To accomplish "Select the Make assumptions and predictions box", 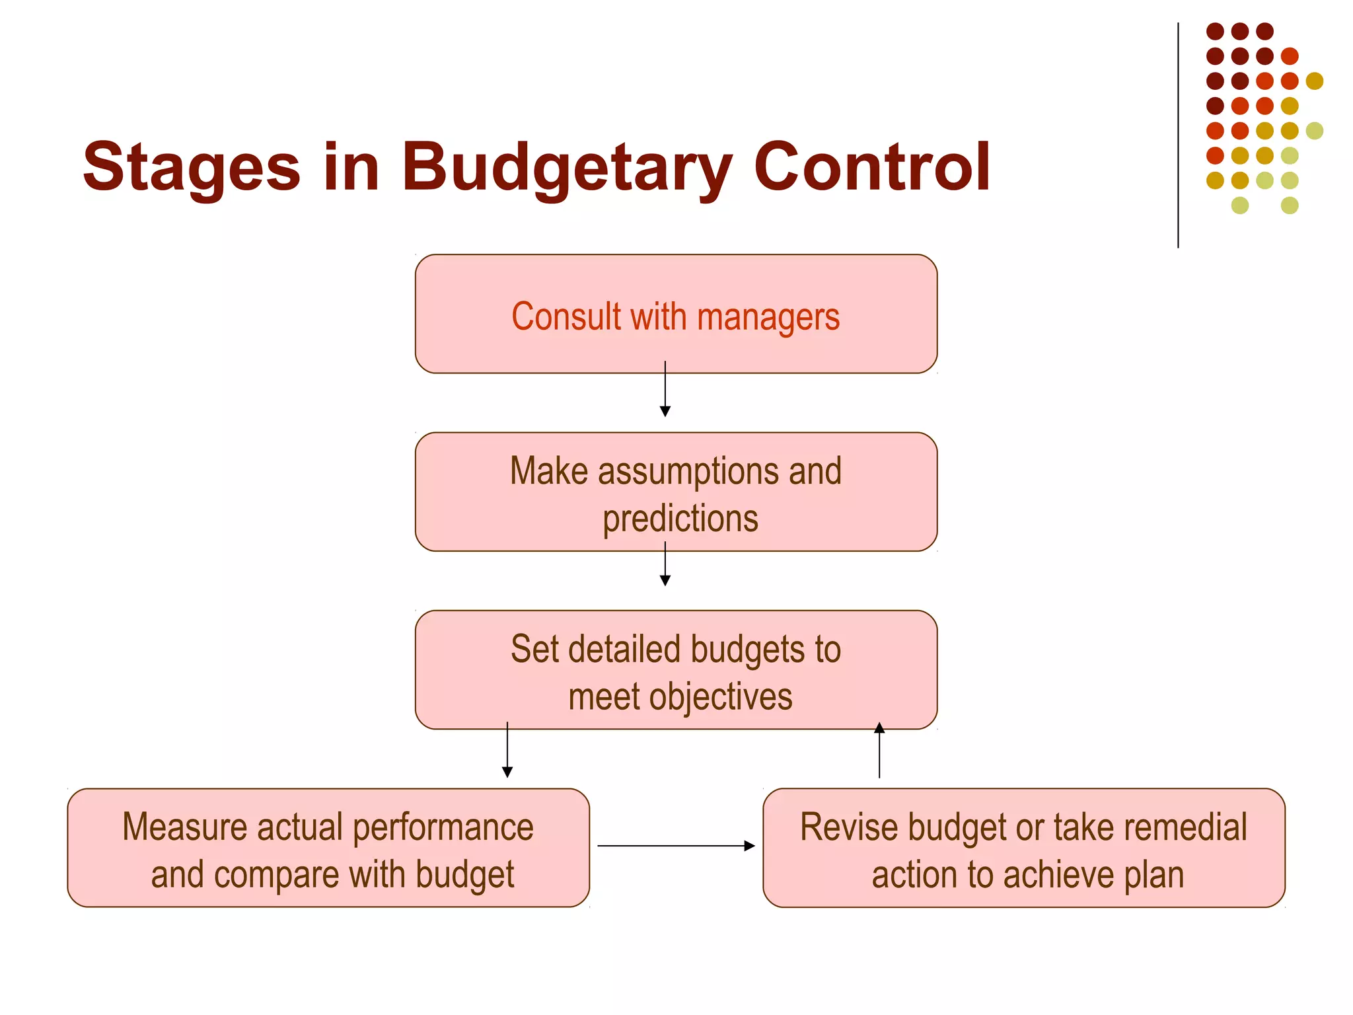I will pos(676,492).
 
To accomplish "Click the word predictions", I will pos(680,519).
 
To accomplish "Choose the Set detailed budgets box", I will pos(676,670).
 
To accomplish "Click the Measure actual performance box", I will pos(328,848).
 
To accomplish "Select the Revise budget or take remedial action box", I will pos(1024,848).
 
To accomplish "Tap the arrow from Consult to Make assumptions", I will pos(665,390).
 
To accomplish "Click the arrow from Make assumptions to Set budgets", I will pos(665,565).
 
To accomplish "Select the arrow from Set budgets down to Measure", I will pos(507,751).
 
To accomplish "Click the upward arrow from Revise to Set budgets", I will pos(879,751).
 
